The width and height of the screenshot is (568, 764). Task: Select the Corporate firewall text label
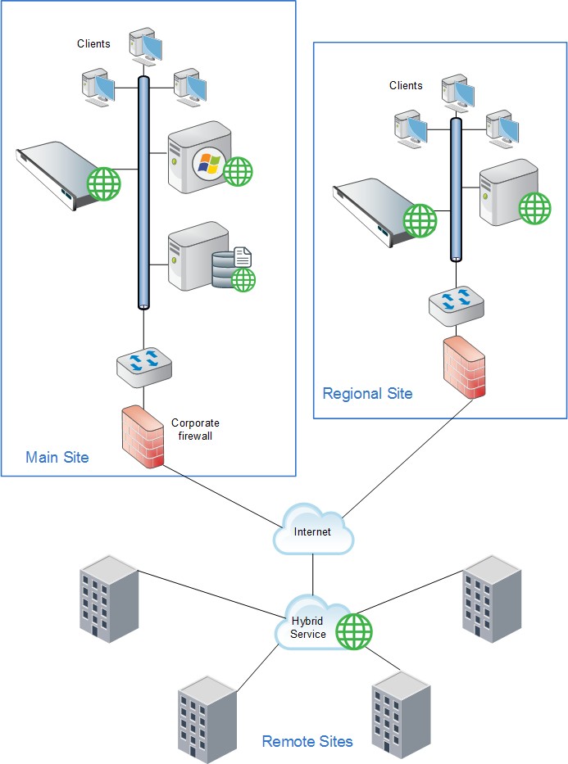[x=195, y=430]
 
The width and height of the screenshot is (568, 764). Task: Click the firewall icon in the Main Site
[x=141, y=437]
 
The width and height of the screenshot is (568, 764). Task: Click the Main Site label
[x=57, y=457]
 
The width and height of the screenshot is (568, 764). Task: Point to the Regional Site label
[x=367, y=394]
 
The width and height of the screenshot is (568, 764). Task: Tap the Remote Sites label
[x=307, y=742]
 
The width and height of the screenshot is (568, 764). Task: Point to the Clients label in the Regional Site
[x=406, y=85]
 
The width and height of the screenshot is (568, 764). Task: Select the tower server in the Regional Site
[x=506, y=195]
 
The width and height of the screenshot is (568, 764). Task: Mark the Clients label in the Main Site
[x=93, y=43]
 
